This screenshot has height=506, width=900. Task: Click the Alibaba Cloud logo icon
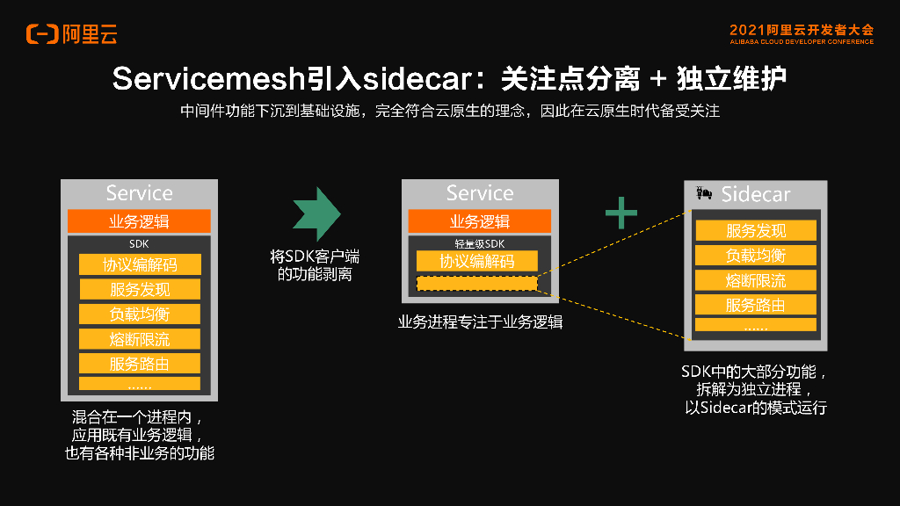(41, 34)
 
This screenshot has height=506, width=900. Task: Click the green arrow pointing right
(316, 214)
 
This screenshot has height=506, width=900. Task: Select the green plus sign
(621, 213)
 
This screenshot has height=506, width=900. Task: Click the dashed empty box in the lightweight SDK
(476, 284)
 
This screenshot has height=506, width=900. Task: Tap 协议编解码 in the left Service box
(140, 264)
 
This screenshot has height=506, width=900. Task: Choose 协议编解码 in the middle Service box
(476, 261)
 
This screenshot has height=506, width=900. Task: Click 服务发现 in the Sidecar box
(756, 231)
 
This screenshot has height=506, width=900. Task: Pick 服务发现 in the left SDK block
(140, 289)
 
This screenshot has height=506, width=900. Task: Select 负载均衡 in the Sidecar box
(756, 256)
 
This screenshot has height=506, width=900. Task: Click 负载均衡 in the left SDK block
(140, 314)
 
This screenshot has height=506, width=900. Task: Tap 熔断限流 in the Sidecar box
(756, 280)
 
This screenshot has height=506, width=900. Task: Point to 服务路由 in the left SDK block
(140, 363)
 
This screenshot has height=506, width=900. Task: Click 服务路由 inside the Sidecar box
(756, 305)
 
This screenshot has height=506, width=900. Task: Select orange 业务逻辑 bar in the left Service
(139, 221)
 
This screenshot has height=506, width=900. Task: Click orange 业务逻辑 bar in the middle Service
(479, 221)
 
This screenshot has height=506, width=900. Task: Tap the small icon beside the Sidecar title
(703, 192)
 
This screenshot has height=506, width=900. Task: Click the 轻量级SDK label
(479, 243)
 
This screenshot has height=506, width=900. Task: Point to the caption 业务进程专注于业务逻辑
(480, 322)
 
